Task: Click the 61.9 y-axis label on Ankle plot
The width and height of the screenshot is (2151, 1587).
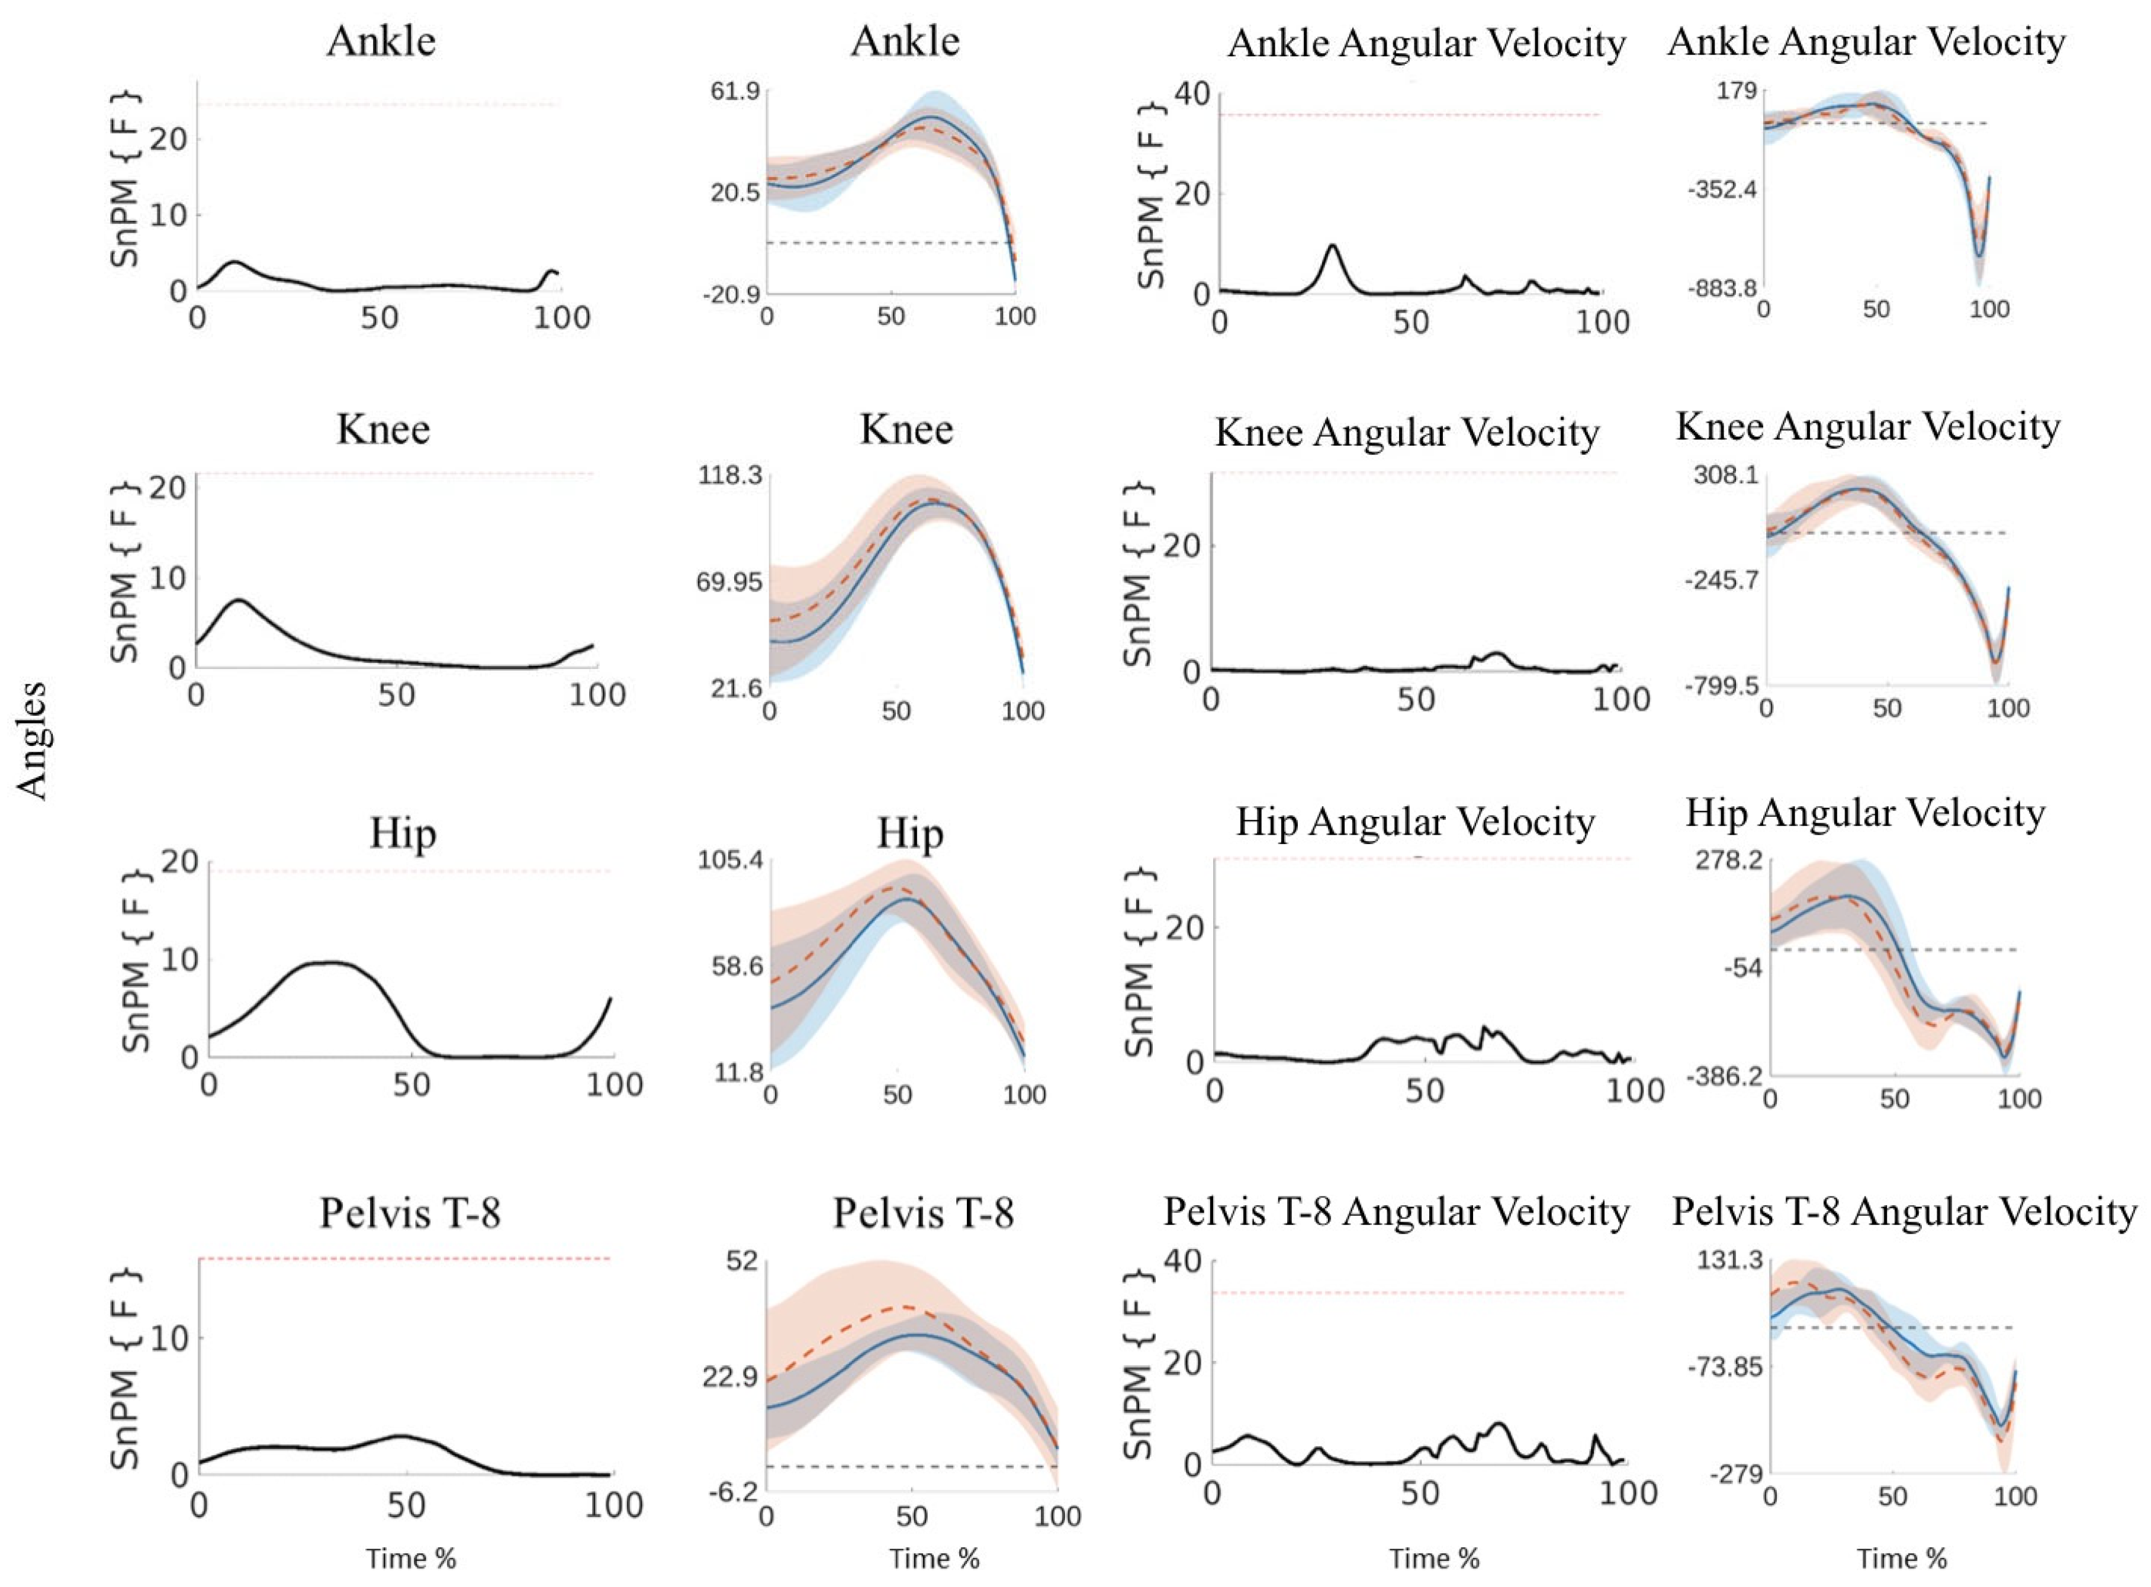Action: click(x=734, y=93)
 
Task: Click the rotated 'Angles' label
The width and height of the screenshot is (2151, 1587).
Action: click(x=33, y=741)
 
